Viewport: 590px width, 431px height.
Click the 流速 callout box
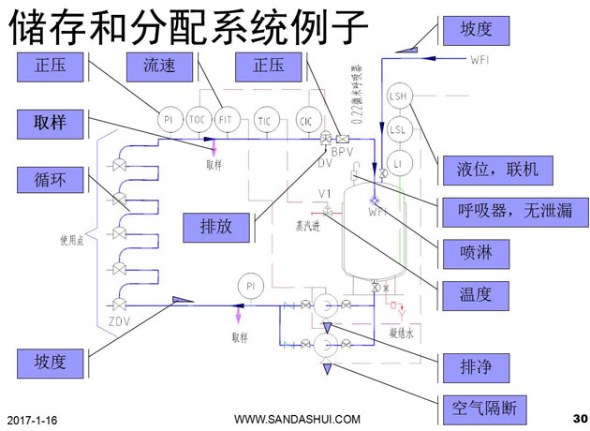[158, 67]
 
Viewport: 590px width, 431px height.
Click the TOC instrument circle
[197, 120]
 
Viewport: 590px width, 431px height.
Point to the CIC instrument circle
[305, 120]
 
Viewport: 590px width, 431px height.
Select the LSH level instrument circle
[398, 97]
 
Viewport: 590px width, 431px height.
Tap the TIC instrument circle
[265, 120]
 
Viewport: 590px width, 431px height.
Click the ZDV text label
[119, 321]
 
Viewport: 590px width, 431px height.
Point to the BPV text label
[344, 151]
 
